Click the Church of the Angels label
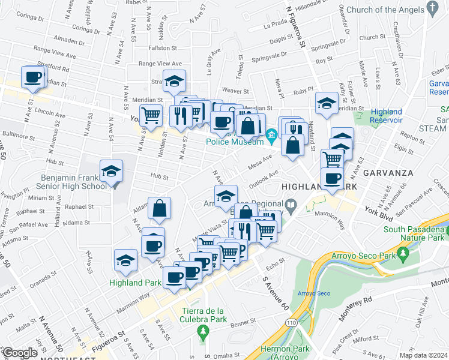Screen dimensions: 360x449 coord(384,10)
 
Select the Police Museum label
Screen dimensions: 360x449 coord(234,142)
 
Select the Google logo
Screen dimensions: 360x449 coord(19,353)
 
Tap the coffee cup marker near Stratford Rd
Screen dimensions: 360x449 coord(32,77)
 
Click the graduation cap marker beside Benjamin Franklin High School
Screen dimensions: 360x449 coord(111,172)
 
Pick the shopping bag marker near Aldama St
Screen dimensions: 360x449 coord(160,209)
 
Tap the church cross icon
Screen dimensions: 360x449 coord(431,8)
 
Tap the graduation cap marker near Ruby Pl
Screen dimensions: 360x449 coord(327,103)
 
